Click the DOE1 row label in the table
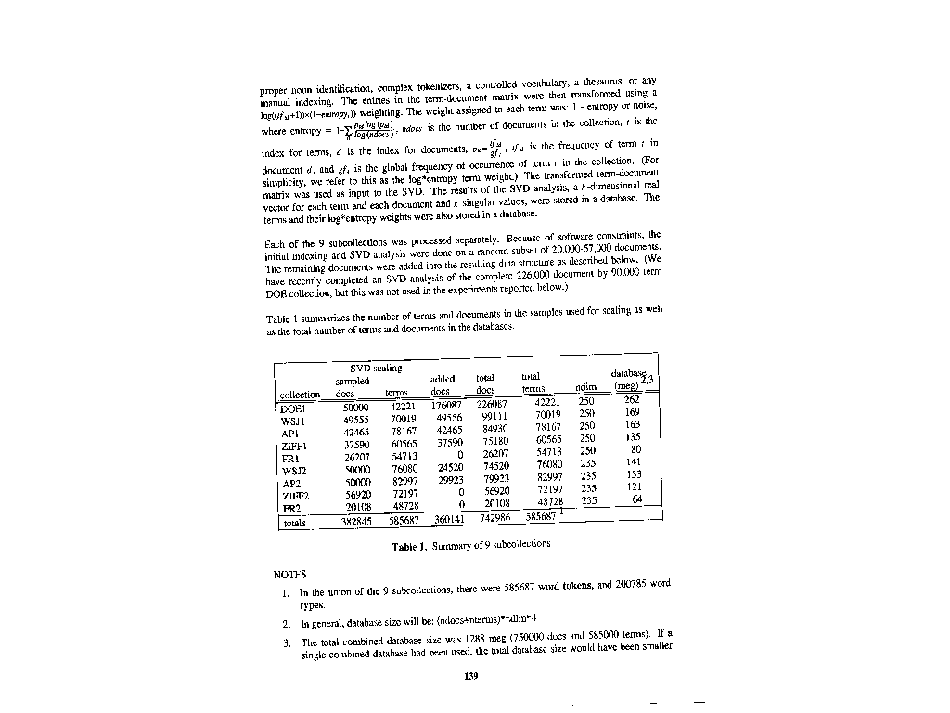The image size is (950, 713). [293, 409]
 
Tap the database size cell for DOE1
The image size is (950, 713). [632, 399]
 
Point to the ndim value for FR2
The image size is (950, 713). [588, 500]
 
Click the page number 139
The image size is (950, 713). [469, 675]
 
